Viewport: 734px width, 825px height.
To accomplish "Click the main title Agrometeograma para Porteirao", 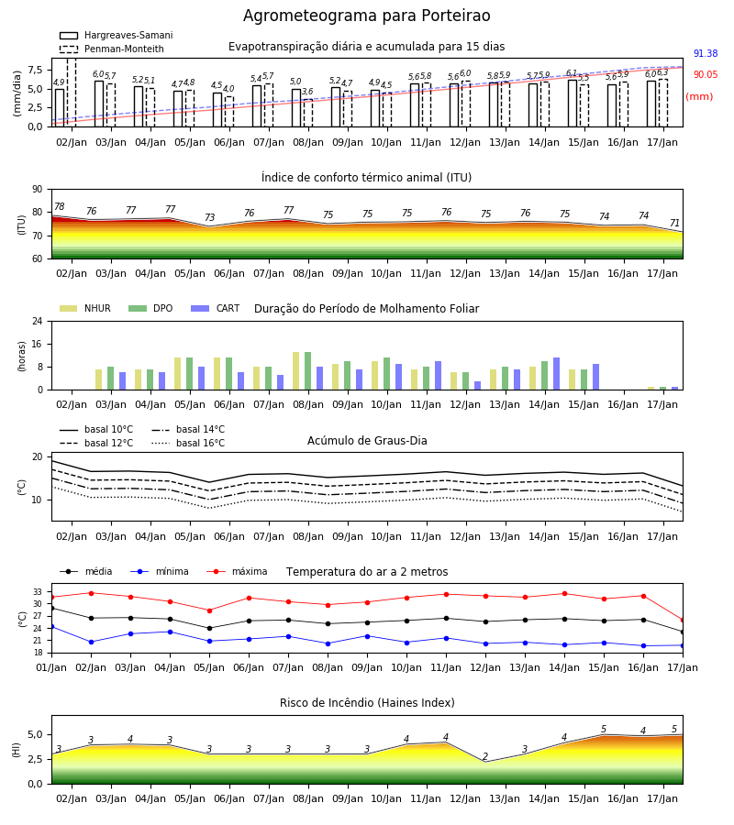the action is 366,16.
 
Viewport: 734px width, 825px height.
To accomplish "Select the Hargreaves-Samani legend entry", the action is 116,35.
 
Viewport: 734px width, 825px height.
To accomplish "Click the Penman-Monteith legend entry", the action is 112,49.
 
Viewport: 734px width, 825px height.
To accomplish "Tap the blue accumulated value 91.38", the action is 706,53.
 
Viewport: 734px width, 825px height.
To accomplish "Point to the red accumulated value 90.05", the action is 706,74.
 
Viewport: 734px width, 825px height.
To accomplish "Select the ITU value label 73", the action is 209,217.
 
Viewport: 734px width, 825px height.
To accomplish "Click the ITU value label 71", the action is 674,223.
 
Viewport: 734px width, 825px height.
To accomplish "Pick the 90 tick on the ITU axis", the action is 38,189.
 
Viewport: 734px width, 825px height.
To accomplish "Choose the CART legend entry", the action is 216,308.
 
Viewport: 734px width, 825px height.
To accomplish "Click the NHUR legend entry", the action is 85,308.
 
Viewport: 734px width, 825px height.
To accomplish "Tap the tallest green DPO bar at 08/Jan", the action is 308,371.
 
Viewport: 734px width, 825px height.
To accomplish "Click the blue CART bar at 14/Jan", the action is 557,374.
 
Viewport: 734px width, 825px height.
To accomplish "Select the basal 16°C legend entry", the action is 188,443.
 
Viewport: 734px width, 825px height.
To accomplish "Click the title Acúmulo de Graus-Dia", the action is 367,440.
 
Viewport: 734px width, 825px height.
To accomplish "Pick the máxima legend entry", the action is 238,571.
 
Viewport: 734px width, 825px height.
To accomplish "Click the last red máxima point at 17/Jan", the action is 683,621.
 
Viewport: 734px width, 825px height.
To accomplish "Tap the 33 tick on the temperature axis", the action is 38,592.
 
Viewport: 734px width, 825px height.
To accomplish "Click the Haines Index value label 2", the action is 485,756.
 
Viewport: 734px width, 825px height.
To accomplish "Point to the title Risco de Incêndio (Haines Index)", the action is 367,702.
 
